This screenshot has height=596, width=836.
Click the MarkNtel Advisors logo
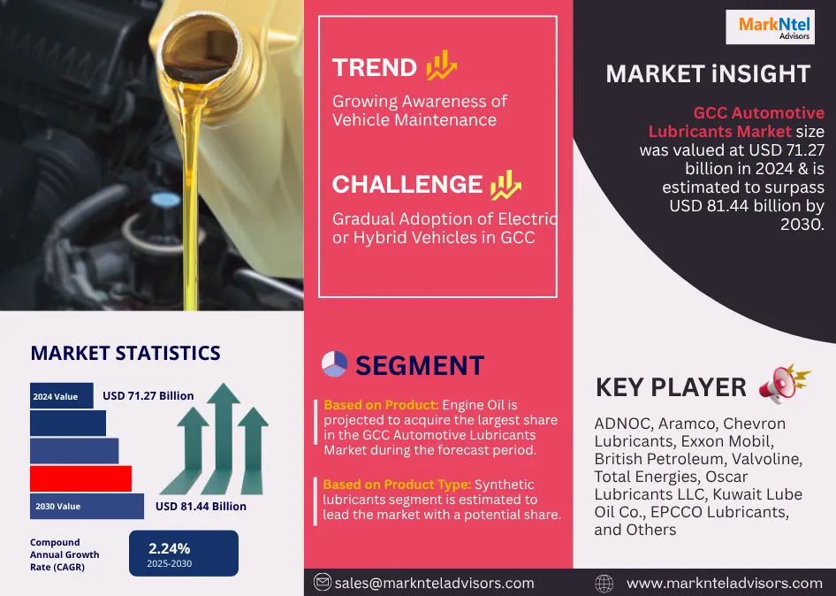[770, 27]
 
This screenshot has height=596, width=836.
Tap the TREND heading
[375, 68]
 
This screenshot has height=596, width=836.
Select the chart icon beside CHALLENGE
[505, 185]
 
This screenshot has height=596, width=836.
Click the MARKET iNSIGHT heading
[708, 73]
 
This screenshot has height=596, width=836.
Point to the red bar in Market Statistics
[80, 478]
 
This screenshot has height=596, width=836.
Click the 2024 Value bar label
[56, 396]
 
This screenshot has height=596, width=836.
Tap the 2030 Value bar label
[58, 507]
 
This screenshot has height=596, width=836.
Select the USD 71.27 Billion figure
[148, 396]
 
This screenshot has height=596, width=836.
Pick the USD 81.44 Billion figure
[201, 507]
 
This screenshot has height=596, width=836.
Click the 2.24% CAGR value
[170, 548]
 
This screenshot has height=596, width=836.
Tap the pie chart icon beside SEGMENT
[334, 364]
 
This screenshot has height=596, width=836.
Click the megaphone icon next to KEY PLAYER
[784, 383]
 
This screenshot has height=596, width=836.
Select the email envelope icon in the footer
[322, 582]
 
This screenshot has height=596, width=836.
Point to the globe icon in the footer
[604, 584]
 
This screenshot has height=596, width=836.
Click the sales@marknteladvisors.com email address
[435, 584]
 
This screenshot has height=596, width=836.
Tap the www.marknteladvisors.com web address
[724, 584]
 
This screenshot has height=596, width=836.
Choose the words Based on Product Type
[397, 485]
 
